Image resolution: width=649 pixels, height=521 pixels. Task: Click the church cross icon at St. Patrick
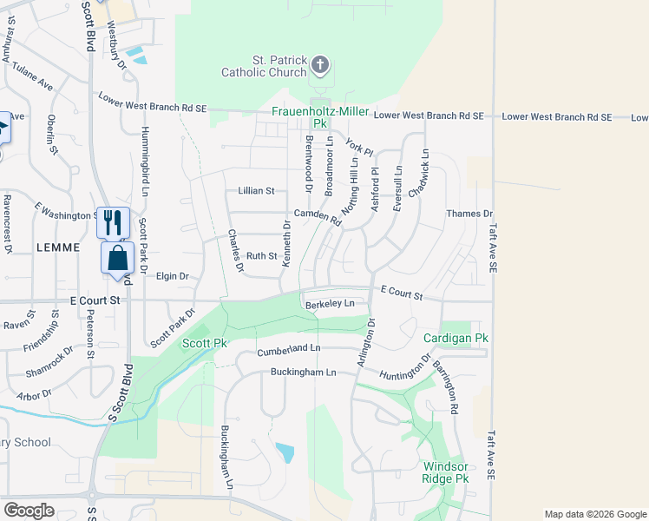(320, 64)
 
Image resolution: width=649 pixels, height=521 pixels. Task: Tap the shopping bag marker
(117, 258)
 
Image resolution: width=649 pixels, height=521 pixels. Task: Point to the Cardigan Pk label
(456, 338)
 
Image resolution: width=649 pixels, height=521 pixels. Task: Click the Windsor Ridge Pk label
(445, 472)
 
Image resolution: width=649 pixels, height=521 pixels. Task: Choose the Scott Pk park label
(204, 344)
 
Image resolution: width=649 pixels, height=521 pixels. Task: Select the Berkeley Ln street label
(331, 304)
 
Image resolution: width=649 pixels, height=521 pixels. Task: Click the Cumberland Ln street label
(289, 349)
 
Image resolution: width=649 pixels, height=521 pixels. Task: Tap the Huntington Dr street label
(404, 367)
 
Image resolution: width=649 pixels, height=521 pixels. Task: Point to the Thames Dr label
(469, 214)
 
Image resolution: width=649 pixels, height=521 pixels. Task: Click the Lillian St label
(256, 191)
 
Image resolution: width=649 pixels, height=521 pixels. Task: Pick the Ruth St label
(261, 256)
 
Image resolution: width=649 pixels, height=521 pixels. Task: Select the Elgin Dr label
(172, 276)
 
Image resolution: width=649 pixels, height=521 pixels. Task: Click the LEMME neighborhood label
(59, 247)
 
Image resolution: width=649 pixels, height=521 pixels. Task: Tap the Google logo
(29, 511)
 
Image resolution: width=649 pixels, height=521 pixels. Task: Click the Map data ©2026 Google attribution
(594, 514)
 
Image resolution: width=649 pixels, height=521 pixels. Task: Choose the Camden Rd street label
(318, 216)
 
